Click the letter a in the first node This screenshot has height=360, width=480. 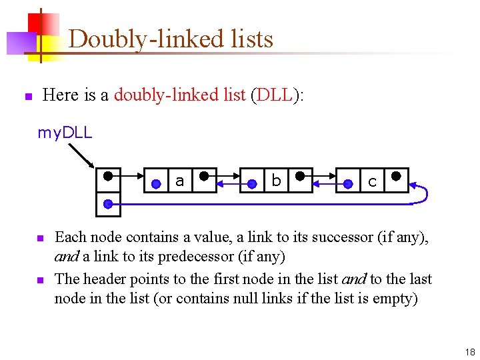(179, 180)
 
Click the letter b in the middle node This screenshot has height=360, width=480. (276, 180)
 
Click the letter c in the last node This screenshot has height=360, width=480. (372, 181)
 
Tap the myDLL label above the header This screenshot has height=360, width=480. (65, 133)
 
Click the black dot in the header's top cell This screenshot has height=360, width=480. (108, 178)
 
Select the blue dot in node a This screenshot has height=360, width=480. (156, 182)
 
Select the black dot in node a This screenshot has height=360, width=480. (204, 177)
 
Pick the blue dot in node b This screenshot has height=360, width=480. (252, 182)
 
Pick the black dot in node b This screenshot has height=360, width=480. (300, 177)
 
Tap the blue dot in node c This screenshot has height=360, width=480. (348, 182)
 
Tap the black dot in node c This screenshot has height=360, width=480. (396, 177)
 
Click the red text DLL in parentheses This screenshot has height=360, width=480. (273, 95)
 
